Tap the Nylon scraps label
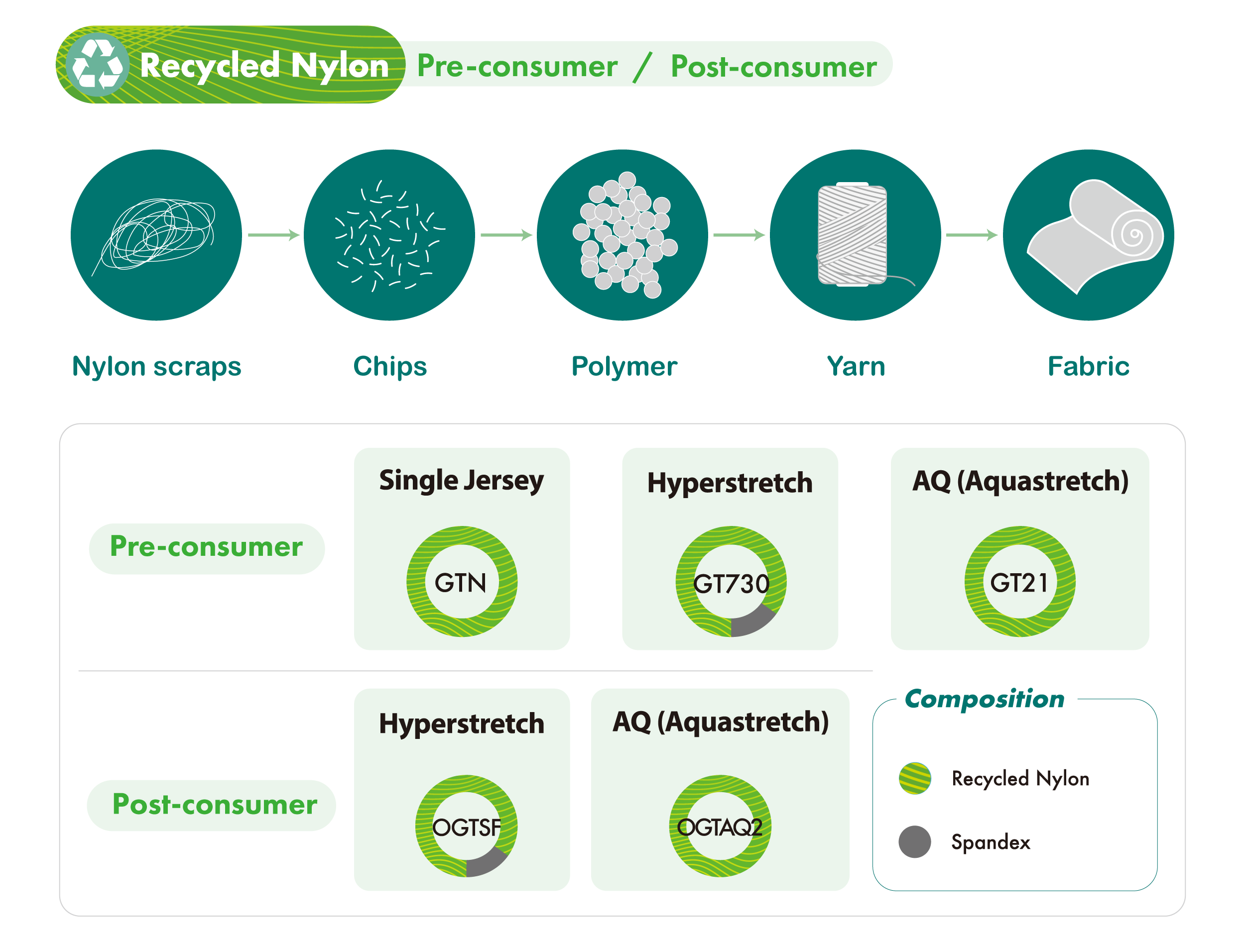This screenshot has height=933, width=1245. click(x=156, y=367)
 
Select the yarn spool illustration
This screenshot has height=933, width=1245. click(x=856, y=234)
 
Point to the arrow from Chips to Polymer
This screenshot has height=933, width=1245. click(x=506, y=234)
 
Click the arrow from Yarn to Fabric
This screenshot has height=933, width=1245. click(x=972, y=234)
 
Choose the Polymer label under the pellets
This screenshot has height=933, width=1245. click(x=623, y=367)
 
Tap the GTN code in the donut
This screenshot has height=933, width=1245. click(x=461, y=583)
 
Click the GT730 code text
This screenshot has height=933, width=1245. click(x=731, y=584)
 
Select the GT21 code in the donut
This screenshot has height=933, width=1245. click(x=1019, y=583)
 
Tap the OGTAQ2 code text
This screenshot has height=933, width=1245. click(x=720, y=828)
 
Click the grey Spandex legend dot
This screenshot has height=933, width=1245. click(x=915, y=842)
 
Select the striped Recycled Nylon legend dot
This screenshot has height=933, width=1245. click(x=915, y=778)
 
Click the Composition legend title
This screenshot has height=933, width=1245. click(x=985, y=699)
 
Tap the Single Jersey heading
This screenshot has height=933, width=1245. click(x=462, y=481)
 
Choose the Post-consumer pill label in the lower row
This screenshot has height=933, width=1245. click(x=215, y=805)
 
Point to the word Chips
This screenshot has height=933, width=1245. click(x=390, y=367)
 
